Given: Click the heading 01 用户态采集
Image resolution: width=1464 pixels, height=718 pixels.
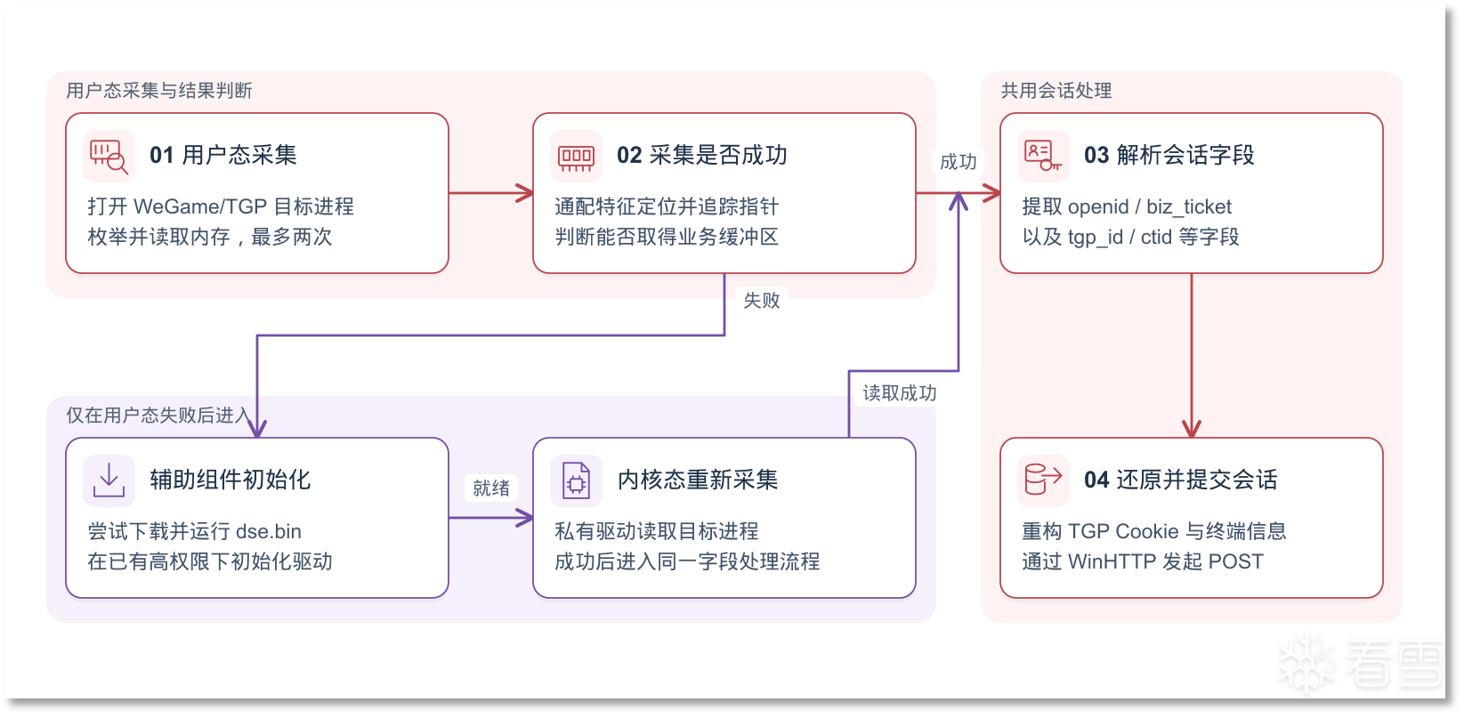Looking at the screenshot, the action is [x=222, y=155].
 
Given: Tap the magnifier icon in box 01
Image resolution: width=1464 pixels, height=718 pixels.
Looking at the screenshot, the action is [x=109, y=156].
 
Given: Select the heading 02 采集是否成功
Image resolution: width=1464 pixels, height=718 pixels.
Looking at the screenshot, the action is [x=702, y=155].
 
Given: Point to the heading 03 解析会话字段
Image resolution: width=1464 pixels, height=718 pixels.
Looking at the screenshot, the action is [x=1169, y=155].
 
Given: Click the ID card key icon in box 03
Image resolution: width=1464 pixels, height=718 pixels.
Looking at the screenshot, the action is [x=1043, y=156].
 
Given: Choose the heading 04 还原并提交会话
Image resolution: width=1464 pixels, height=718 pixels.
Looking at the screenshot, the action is [x=1180, y=480].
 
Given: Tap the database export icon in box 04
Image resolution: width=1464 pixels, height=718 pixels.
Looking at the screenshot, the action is [x=1043, y=480].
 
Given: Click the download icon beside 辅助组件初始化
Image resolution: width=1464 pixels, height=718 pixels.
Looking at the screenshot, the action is [x=109, y=480].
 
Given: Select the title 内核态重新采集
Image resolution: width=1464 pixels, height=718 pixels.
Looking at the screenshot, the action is [x=698, y=480].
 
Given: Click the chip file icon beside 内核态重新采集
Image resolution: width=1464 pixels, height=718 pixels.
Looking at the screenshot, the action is [x=576, y=480].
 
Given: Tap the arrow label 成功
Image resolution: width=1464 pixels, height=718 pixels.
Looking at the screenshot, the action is [x=958, y=161].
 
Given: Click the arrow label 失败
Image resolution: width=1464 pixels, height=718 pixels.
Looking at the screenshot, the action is [x=762, y=300].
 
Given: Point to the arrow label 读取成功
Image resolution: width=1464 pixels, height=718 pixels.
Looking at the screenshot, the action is [x=899, y=392].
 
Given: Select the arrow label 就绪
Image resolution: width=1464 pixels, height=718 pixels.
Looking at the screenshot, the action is [x=491, y=488].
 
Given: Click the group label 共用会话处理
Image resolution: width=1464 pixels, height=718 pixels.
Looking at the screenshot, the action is [x=1056, y=90].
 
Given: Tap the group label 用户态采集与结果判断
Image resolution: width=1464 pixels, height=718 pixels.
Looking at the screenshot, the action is [x=158, y=90].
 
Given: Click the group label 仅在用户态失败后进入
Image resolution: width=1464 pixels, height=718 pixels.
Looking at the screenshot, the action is [x=158, y=415].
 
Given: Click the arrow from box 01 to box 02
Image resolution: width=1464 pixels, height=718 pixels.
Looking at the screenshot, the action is [x=491, y=193].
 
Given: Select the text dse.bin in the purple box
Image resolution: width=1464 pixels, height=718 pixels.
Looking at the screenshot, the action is [x=268, y=531].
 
